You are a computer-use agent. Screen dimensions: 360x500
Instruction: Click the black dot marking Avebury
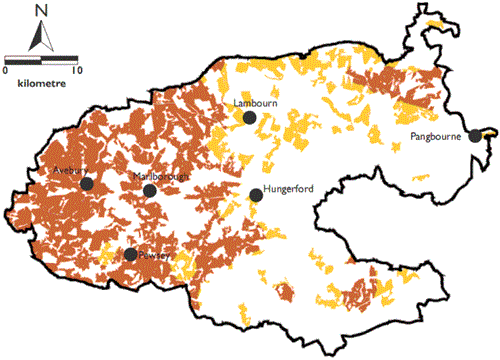click(87, 184)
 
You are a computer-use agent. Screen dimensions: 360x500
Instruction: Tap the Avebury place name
click(73, 171)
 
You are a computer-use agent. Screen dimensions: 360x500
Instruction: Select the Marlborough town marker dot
click(149, 190)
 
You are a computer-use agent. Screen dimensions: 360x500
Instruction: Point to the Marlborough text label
click(161, 177)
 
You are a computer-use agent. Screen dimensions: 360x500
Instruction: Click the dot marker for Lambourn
click(249, 118)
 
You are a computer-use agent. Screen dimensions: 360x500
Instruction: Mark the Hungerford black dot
click(255, 196)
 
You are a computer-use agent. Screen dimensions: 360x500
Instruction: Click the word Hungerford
click(288, 191)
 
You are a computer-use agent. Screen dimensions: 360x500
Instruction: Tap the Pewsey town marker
click(130, 254)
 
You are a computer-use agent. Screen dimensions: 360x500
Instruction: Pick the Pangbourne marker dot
click(474, 136)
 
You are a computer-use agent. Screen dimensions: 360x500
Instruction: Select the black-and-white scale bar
click(40, 61)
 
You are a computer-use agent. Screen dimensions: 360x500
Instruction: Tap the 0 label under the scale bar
click(6, 72)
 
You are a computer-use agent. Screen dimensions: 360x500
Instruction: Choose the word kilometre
click(40, 84)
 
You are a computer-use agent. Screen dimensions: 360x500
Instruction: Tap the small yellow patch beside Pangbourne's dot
click(488, 133)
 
